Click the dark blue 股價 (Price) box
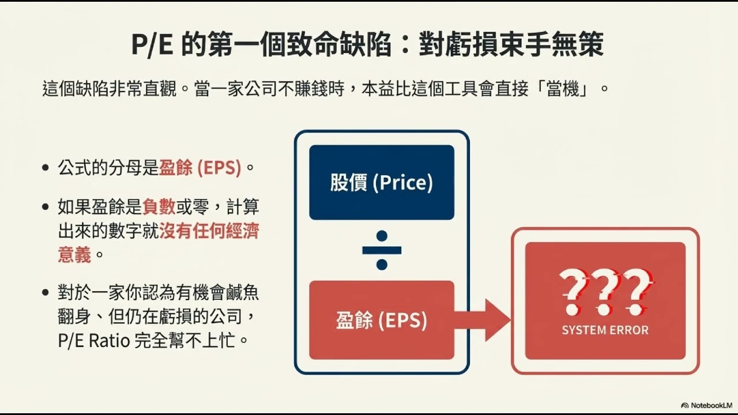click(381, 183)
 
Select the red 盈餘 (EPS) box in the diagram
click(381, 320)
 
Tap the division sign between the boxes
click(381, 251)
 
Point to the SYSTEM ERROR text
click(605, 330)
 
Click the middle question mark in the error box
click(605, 291)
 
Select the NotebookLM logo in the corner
click(706, 405)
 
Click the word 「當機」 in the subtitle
click(562, 90)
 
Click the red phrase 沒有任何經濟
click(209, 231)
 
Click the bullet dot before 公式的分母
click(46, 169)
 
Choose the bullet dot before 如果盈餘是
click(46, 207)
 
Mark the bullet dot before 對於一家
click(46, 292)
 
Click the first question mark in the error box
click(572, 291)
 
